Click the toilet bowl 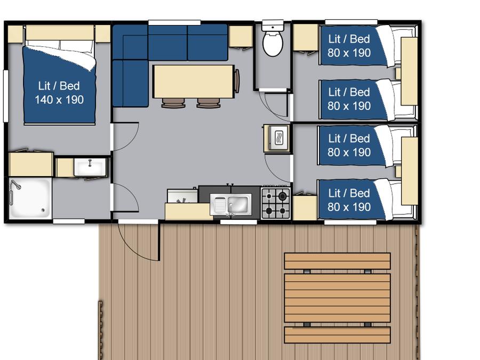(x=273, y=44)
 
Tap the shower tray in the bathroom (x=30, y=198)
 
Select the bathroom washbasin (x=90, y=167)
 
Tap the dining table (x=194, y=82)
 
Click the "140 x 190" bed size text (x=59, y=100)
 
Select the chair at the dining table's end (x=237, y=81)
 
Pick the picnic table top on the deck (x=338, y=298)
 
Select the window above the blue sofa (x=174, y=22)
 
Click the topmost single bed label (x=349, y=46)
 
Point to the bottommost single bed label (x=349, y=200)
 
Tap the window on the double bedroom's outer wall (x=5, y=96)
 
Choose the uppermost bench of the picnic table (x=338, y=261)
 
